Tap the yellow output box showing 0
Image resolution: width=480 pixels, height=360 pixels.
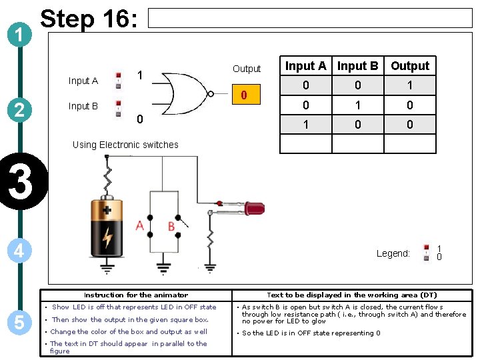click(x=245, y=95)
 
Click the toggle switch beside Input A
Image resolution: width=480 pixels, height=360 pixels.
click(x=118, y=80)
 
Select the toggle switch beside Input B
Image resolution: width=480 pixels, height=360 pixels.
click(x=118, y=107)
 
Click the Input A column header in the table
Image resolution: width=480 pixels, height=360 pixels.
click(x=305, y=66)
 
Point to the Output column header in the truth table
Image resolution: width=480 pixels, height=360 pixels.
click(x=410, y=66)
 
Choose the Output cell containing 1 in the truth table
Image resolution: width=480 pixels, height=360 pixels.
click(x=410, y=85)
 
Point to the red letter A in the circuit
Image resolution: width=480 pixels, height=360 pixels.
click(x=140, y=226)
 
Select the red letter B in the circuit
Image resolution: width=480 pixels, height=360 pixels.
click(x=171, y=226)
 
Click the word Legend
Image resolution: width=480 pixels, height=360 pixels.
click(x=393, y=253)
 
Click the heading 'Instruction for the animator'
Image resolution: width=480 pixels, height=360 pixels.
click(x=136, y=295)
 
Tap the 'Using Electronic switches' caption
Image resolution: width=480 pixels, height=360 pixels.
click(x=125, y=145)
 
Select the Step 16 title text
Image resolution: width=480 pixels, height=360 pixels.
click(x=89, y=20)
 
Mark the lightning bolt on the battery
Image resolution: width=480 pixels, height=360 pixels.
click(x=107, y=236)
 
